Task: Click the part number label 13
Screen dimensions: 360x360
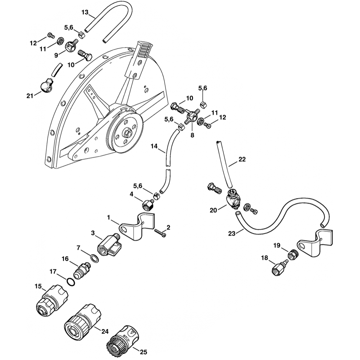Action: (85, 13)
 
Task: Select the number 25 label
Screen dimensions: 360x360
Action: (143, 352)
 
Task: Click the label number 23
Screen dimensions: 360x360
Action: (232, 234)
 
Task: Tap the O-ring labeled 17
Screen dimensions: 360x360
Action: (71, 281)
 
